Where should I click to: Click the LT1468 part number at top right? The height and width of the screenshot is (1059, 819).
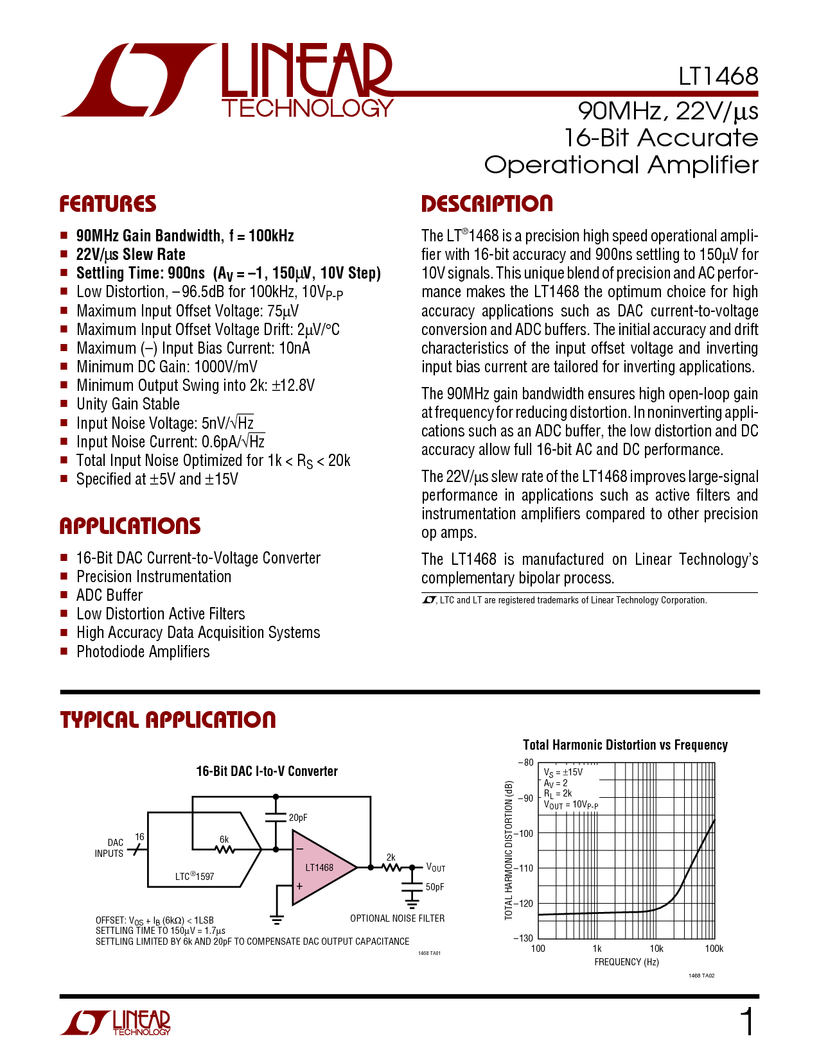tap(718, 76)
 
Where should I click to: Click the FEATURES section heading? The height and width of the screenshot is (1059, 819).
tap(108, 203)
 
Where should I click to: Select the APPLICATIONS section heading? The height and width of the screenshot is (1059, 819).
tap(130, 526)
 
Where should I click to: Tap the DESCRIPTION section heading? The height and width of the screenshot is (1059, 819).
tap(487, 203)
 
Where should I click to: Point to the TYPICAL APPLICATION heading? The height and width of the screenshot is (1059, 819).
tap(168, 720)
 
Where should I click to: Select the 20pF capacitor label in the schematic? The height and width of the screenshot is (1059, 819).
tap(298, 817)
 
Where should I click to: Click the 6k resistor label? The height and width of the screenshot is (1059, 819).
tap(224, 839)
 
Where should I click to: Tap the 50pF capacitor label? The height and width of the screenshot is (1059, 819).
tap(435, 886)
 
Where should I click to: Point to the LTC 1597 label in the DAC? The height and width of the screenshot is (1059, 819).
tap(195, 875)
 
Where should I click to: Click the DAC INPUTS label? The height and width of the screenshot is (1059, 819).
tap(109, 848)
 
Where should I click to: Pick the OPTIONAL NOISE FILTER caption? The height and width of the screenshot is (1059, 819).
tap(397, 918)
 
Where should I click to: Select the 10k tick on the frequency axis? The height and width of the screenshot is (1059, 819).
tap(656, 949)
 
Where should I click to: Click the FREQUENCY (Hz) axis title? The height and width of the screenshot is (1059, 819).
tap(626, 961)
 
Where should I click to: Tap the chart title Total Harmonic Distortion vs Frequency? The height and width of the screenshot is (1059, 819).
tap(626, 745)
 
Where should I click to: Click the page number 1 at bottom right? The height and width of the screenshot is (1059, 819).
tap(747, 1022)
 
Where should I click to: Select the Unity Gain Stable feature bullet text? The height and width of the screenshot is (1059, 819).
tap(128, 404)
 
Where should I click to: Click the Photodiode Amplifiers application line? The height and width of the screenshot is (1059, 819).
tap(143, 651)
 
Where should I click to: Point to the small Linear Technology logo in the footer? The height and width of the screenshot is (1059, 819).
tap(115, 1022)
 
